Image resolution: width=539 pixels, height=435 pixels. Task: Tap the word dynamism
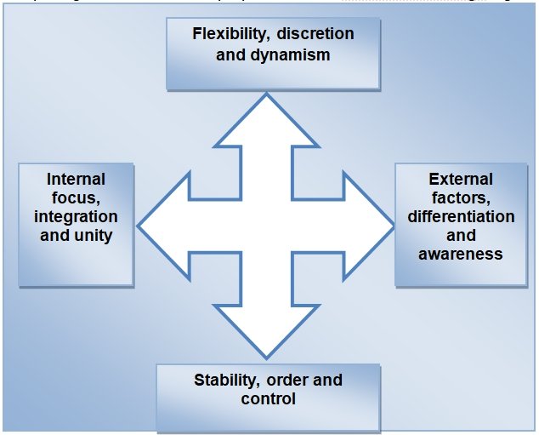pyautogui.click(x=290, y=54)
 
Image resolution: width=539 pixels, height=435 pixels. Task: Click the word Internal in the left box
pyautogui.click(x=77, y=179)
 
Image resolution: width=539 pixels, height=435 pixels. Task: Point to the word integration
pyautogui.click(x=77, y=216)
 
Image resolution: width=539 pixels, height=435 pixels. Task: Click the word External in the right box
pyautogui.click(x=461, y=179)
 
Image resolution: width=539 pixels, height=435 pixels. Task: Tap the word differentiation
pyautogui.click(x=461, y=216)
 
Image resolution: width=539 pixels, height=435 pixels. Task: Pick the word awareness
pyautogui.click(x=461, y=254)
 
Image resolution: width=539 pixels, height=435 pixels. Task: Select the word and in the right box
pyautogui.click(x=461, y=235)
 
